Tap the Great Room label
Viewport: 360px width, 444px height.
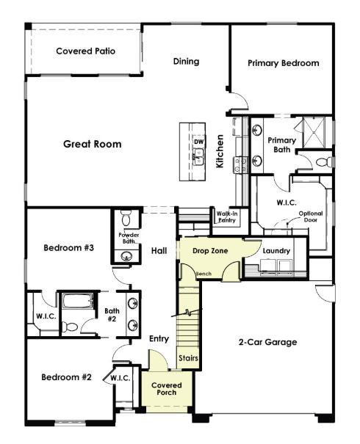tap(92, 144)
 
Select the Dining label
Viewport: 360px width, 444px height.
tap(187, 62)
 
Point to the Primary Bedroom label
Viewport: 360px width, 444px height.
tap(284, 63)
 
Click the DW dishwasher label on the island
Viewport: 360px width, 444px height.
tap(198, 142)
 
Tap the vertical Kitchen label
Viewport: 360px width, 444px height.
tap(220, 151)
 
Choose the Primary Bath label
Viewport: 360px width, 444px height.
tap(282, 145)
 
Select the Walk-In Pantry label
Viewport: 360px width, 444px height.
tap(226, 216)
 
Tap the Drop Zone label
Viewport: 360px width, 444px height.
tap(210, 251)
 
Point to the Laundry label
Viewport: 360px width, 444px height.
tap(276, 251)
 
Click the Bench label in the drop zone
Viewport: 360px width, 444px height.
tap(203, 274)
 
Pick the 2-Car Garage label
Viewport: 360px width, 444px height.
tap(267, 342)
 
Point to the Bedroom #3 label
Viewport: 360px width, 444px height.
tap(68, 247)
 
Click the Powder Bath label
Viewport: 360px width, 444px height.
tap(129, 238)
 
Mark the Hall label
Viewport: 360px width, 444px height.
tap(159, 251)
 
